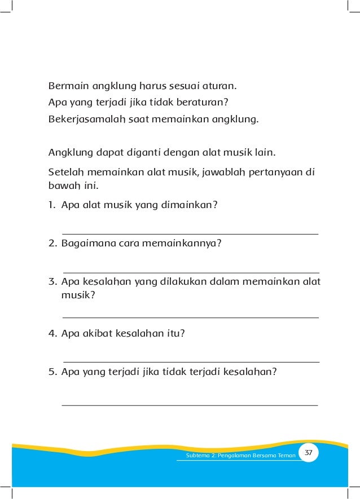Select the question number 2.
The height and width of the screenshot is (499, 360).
click(52, 244)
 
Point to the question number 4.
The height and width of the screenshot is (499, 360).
click(52, 333)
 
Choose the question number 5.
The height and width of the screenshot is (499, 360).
click(52, 372)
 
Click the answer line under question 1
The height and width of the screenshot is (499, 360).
click(190, 233)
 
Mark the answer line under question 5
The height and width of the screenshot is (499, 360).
click(190, 405)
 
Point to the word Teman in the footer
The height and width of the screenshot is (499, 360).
click(287, 456)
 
